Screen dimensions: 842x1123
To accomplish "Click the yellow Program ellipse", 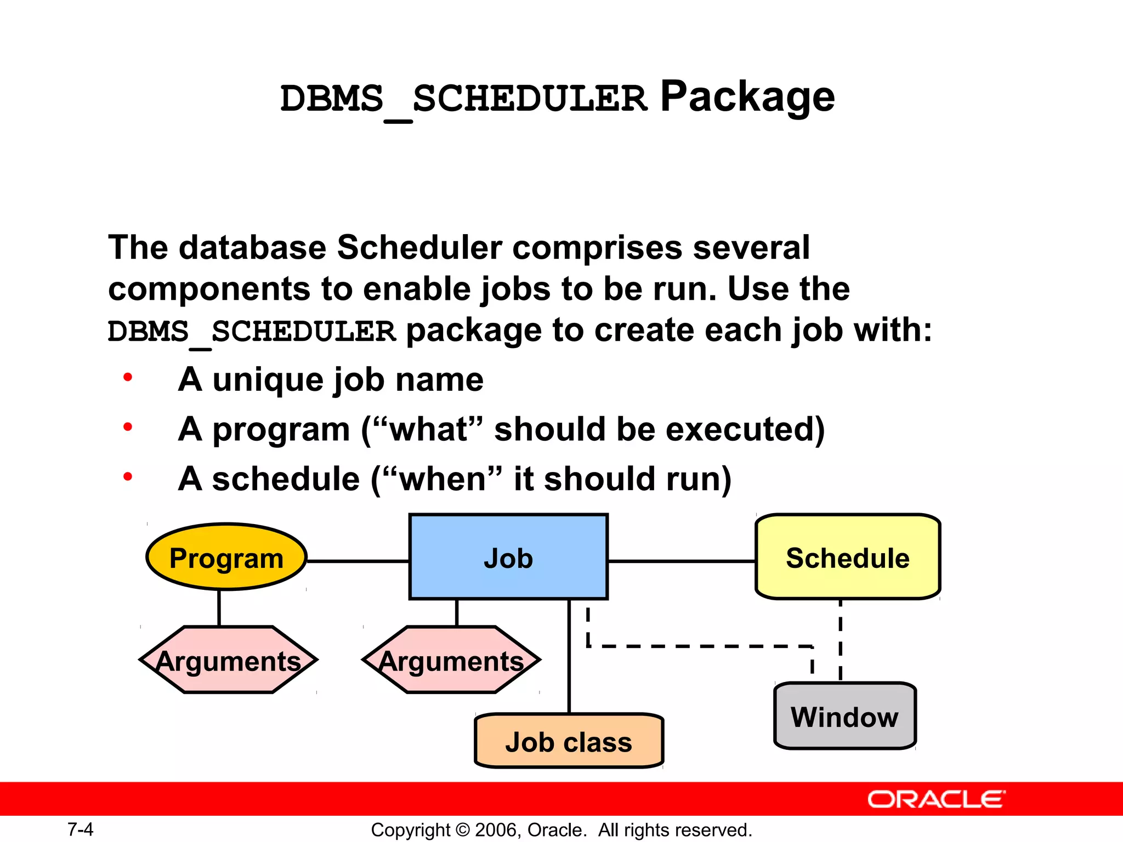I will pos(226,557).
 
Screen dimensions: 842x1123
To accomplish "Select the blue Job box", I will pos(508,557).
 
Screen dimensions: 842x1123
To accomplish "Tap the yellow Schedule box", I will pos(848,557).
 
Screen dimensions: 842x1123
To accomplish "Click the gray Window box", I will pos(844,716).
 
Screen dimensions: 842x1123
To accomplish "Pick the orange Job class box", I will pos(569,741).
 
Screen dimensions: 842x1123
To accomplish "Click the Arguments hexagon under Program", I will pos(228,660).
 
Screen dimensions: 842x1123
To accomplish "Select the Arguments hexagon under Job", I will pos(451,660).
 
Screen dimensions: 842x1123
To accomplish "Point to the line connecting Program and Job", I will pos(358,561).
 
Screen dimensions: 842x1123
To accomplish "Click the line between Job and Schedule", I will pos(682,561).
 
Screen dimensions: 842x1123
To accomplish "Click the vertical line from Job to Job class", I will pos(569,658).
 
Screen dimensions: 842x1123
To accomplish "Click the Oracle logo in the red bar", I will pos(936,799).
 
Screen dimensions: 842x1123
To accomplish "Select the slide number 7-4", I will pos(80,829).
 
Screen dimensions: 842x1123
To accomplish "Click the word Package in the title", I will pos(747,96).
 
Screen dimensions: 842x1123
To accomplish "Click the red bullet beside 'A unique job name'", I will pos(128,377).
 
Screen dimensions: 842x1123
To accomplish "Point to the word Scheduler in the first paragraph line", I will pos(419,247).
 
